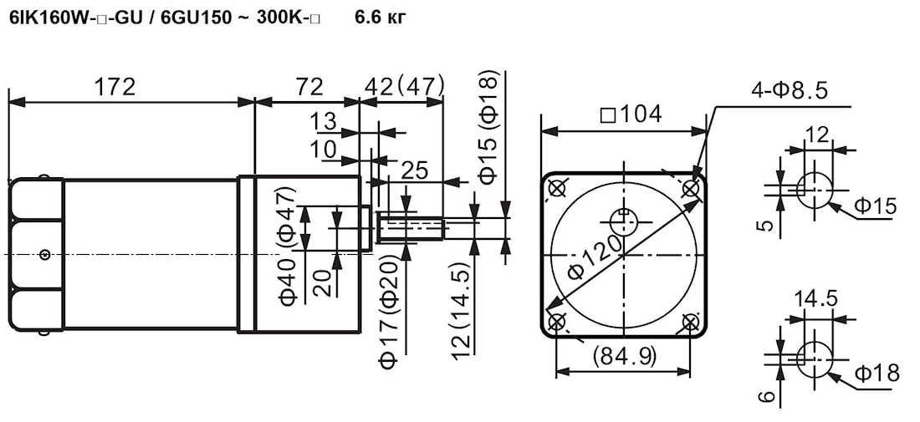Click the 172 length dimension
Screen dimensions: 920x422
[x=115, y=87]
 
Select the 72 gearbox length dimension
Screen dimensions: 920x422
[x=309, y=87]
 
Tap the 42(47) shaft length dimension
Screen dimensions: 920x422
[x=404, y=87]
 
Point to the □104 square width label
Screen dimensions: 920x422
[x=631, y=114]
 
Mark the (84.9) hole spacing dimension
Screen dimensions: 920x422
[x=624, y=356]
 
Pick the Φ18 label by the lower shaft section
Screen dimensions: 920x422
[x=877, y=373]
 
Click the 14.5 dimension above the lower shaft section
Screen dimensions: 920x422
[x=815, y=299]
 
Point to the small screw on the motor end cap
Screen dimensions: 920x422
[x=44, y=254]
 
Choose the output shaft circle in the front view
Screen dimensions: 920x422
[x=624, y=221]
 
